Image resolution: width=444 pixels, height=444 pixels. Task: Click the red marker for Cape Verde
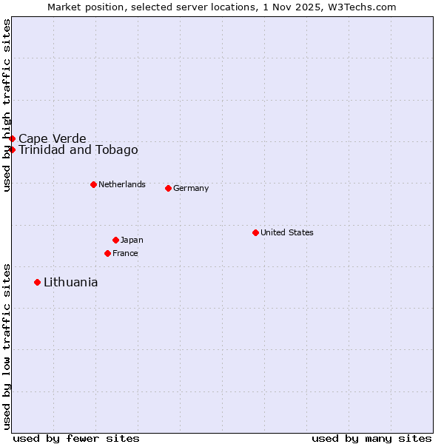(12, 138)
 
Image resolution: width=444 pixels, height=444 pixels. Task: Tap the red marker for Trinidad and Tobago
(12, 149)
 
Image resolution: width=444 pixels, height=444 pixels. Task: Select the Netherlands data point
(93, 184)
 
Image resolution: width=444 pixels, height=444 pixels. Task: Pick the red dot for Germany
(168, 188)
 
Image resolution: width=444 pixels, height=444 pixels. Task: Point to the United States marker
(255, 232)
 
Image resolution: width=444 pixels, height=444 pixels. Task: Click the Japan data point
(115, 240)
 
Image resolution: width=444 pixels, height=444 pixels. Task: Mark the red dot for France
(107, 253)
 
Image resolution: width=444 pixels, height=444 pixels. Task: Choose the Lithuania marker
(37, 282)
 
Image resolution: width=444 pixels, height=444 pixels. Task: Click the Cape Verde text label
(52, 138)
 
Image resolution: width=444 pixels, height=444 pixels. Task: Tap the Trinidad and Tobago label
(78, 149)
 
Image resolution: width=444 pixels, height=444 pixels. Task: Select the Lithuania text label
(70, 282)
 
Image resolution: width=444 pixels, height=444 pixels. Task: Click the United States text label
(286, 232)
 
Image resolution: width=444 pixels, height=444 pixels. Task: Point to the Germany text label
(191, 188)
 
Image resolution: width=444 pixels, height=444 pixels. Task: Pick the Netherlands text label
(121, 184)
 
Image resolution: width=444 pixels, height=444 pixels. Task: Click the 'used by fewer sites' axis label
(76, 438)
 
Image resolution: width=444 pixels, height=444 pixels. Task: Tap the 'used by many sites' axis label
(371, 438)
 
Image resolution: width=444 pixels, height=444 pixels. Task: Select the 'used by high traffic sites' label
(7, 105)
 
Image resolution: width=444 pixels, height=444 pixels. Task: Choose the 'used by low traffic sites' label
(7, 346)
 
